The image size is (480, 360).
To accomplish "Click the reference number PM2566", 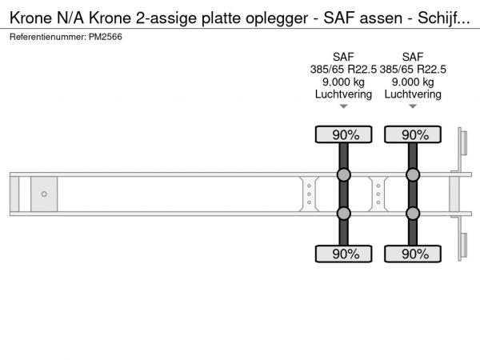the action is [106, 37].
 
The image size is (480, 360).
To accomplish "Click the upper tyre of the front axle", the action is [343, 134].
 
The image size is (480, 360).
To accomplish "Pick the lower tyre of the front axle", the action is [343, 254].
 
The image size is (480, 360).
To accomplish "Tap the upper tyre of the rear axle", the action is [413, 134].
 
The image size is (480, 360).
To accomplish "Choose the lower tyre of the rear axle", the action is [413, 254].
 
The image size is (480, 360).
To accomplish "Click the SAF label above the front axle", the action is [343, 57].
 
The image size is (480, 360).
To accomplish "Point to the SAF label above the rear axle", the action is [413, 57].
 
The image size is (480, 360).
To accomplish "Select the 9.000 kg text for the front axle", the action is [343, 82].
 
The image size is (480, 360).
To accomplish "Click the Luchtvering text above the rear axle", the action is [413, 94].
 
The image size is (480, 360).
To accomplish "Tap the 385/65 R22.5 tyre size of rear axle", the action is [413, 70].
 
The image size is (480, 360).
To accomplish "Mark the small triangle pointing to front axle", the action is [343, 106].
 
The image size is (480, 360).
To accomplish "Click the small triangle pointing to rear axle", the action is [413, 106].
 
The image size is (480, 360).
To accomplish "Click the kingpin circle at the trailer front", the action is [44, 194].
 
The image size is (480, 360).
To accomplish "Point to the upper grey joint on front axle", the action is [343, 174].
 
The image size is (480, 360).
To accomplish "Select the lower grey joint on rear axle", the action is [413, 214].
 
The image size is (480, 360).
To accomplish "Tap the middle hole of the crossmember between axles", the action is [378, 194].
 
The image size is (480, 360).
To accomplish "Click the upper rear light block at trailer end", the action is [463, 143].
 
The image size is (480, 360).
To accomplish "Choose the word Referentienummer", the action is [48, 37].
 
